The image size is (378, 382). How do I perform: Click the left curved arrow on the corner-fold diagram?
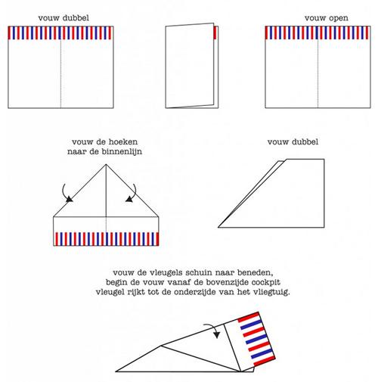[66, 194]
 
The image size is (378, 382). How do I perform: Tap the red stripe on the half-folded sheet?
[215, 33]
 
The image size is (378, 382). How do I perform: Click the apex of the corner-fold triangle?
[106, 164]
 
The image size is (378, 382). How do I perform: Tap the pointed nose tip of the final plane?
[116, 371]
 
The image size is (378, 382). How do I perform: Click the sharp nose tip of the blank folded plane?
[218, 227]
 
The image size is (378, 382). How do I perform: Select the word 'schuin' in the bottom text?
[196, 273]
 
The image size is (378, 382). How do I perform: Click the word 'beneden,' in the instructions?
[256, 273]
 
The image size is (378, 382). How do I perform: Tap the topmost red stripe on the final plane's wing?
[249, 318]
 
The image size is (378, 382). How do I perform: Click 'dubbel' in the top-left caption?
[76, 18]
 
